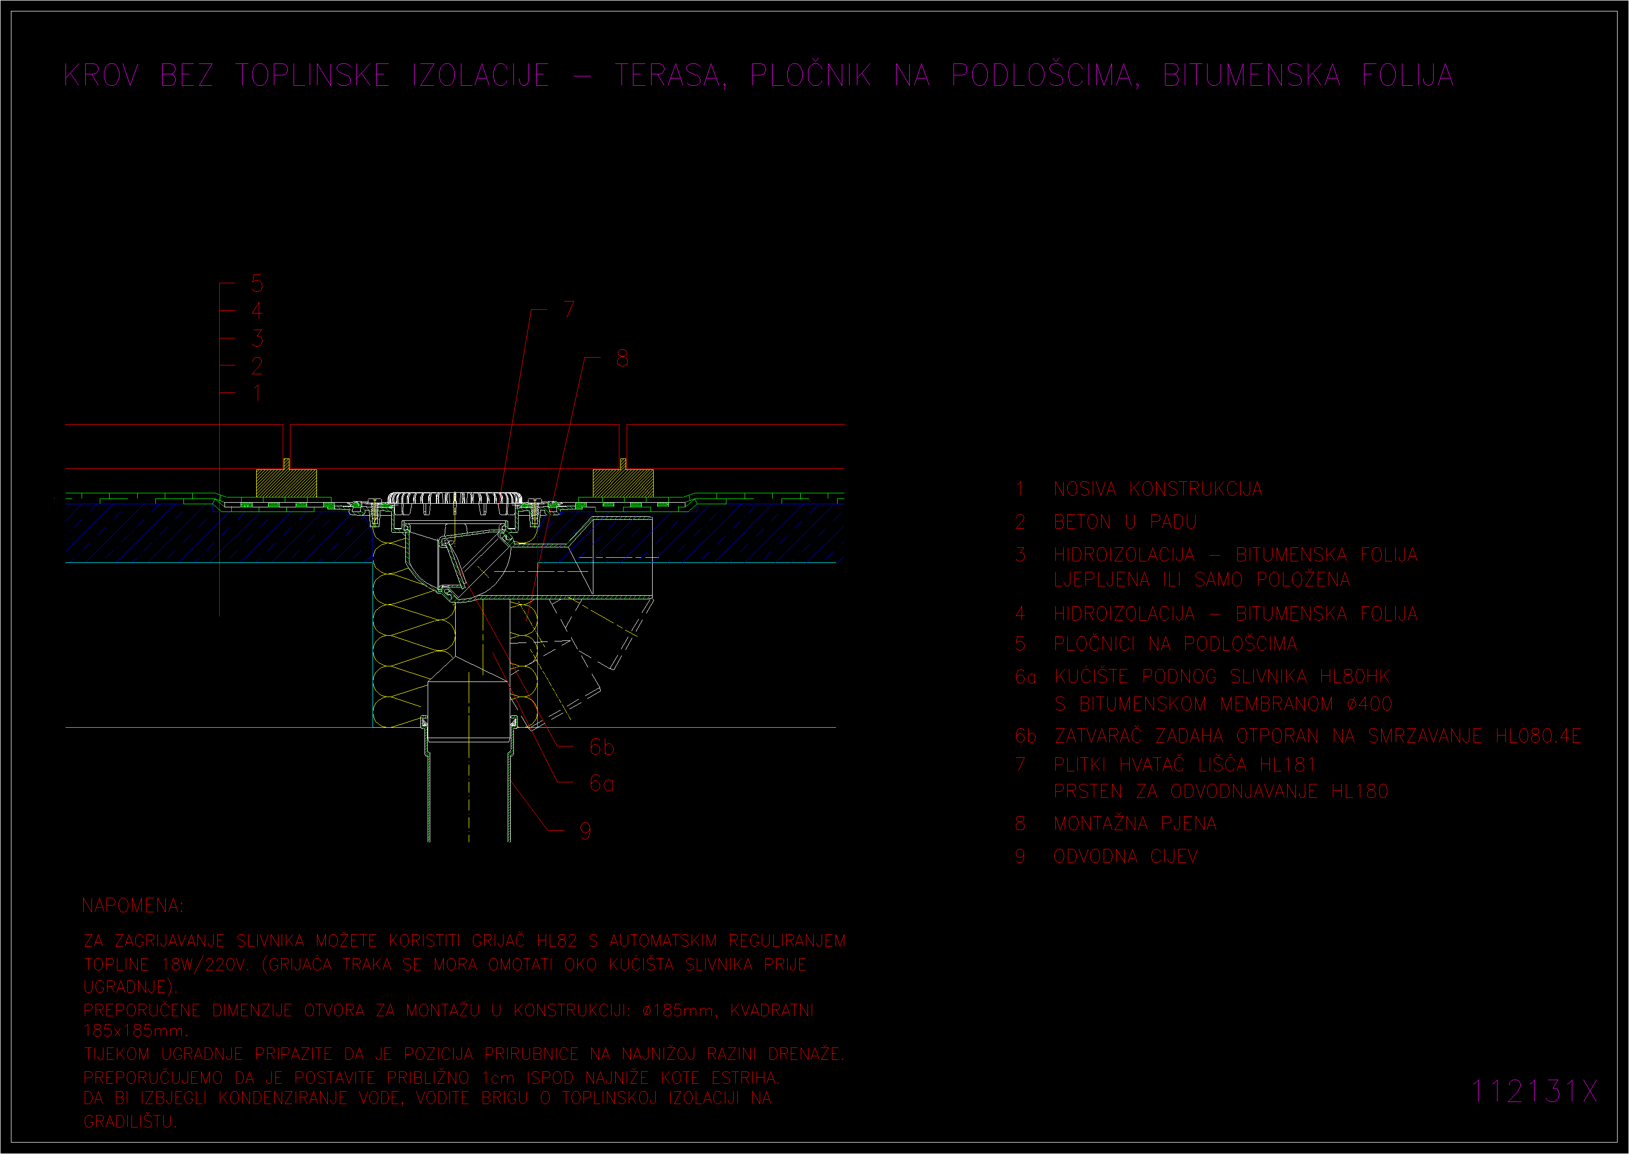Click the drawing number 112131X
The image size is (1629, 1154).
click(x=1534, y=1091)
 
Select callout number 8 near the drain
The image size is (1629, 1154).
click(x=622, y=358)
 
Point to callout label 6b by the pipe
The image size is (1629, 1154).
click(x=602, y=747)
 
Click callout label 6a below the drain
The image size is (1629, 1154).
click(x=602, y=783)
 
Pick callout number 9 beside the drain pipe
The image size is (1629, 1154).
click(x=585, y=831)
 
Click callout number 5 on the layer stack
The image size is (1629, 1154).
click(x=257, y=283)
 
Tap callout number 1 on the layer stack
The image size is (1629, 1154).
click(x=257, y=392)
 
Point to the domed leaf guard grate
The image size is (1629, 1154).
click(x=455, y=497)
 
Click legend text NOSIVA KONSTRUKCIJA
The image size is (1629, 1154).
click(x=1158, y=489)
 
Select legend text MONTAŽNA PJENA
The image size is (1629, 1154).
click(x=1135, y=823)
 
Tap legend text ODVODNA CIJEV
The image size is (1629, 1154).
click(x=1125, y=856)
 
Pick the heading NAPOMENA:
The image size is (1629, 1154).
click(x=133, y=906)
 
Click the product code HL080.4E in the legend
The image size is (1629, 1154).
click(x=1538, y=736)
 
